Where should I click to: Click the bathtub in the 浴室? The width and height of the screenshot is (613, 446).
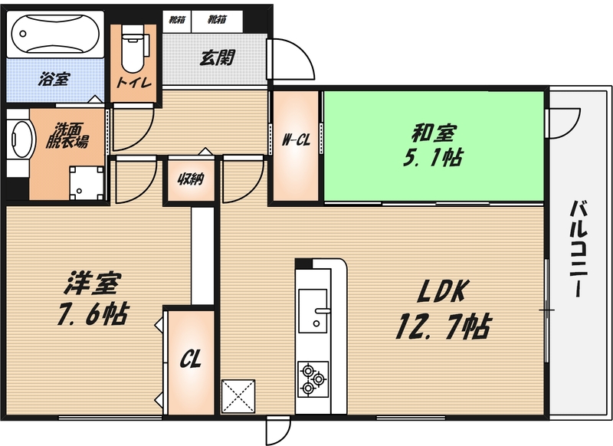tap(55, 34)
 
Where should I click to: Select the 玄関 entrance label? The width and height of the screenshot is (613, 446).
tap(218, 58)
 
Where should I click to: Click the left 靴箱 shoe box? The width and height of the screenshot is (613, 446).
tap(177, 20)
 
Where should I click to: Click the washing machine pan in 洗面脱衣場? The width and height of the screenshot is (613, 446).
tap(87, 182)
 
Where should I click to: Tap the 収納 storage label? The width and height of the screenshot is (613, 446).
tap(191, 179)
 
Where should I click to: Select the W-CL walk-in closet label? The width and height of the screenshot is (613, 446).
tap(296, 139)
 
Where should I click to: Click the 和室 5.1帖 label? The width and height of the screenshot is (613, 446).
tap(433, 145)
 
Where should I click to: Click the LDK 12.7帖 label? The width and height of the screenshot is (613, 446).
tap(443, 309)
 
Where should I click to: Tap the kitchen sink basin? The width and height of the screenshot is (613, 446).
tap(313, 311)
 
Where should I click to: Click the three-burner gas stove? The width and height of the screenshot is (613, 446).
tap(313, 379)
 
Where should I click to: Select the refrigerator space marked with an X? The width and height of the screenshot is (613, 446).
tap(238, 396)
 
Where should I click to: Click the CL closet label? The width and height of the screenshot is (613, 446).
tap(190, 359)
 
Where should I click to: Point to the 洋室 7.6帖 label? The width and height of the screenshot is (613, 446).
tap(92, 298)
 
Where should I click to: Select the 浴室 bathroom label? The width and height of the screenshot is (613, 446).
tap(54, 80)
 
